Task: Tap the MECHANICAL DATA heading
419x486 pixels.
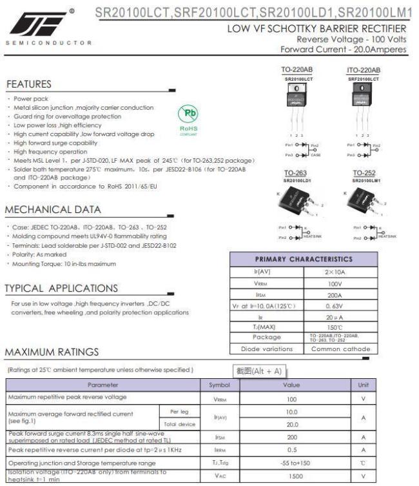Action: click(x=53, y=210)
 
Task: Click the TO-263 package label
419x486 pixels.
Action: click(x=296, y=173)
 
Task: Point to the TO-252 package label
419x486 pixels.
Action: click(x=364, y=173)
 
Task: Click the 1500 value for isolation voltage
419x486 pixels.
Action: click(x=292, y=476)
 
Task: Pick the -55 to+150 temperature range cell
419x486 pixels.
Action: click(x=292, y=463)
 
